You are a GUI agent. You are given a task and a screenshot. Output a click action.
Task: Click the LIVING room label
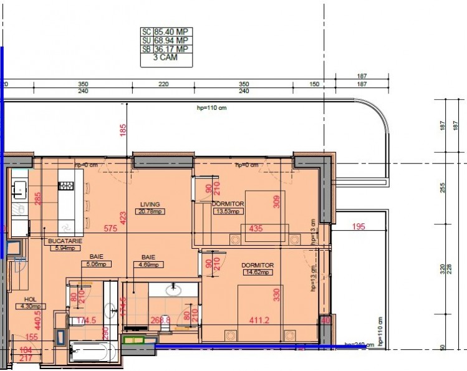tap(150, 204)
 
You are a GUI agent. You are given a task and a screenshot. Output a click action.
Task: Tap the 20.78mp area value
tap(150, 211)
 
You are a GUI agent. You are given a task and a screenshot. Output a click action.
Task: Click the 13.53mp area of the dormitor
tap(227, 211)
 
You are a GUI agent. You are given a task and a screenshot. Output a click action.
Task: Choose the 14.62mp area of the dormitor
tap(258, 272)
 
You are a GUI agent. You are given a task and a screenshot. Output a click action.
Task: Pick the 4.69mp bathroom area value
tap(148, 264)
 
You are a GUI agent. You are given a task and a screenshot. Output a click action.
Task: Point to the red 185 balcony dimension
tap(123, 130)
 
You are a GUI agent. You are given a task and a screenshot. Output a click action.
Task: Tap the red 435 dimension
tap(256, 229)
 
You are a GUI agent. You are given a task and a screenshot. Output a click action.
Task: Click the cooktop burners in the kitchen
tap(66, 185)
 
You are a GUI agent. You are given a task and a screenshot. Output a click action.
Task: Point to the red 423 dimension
tap(123, 218)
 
